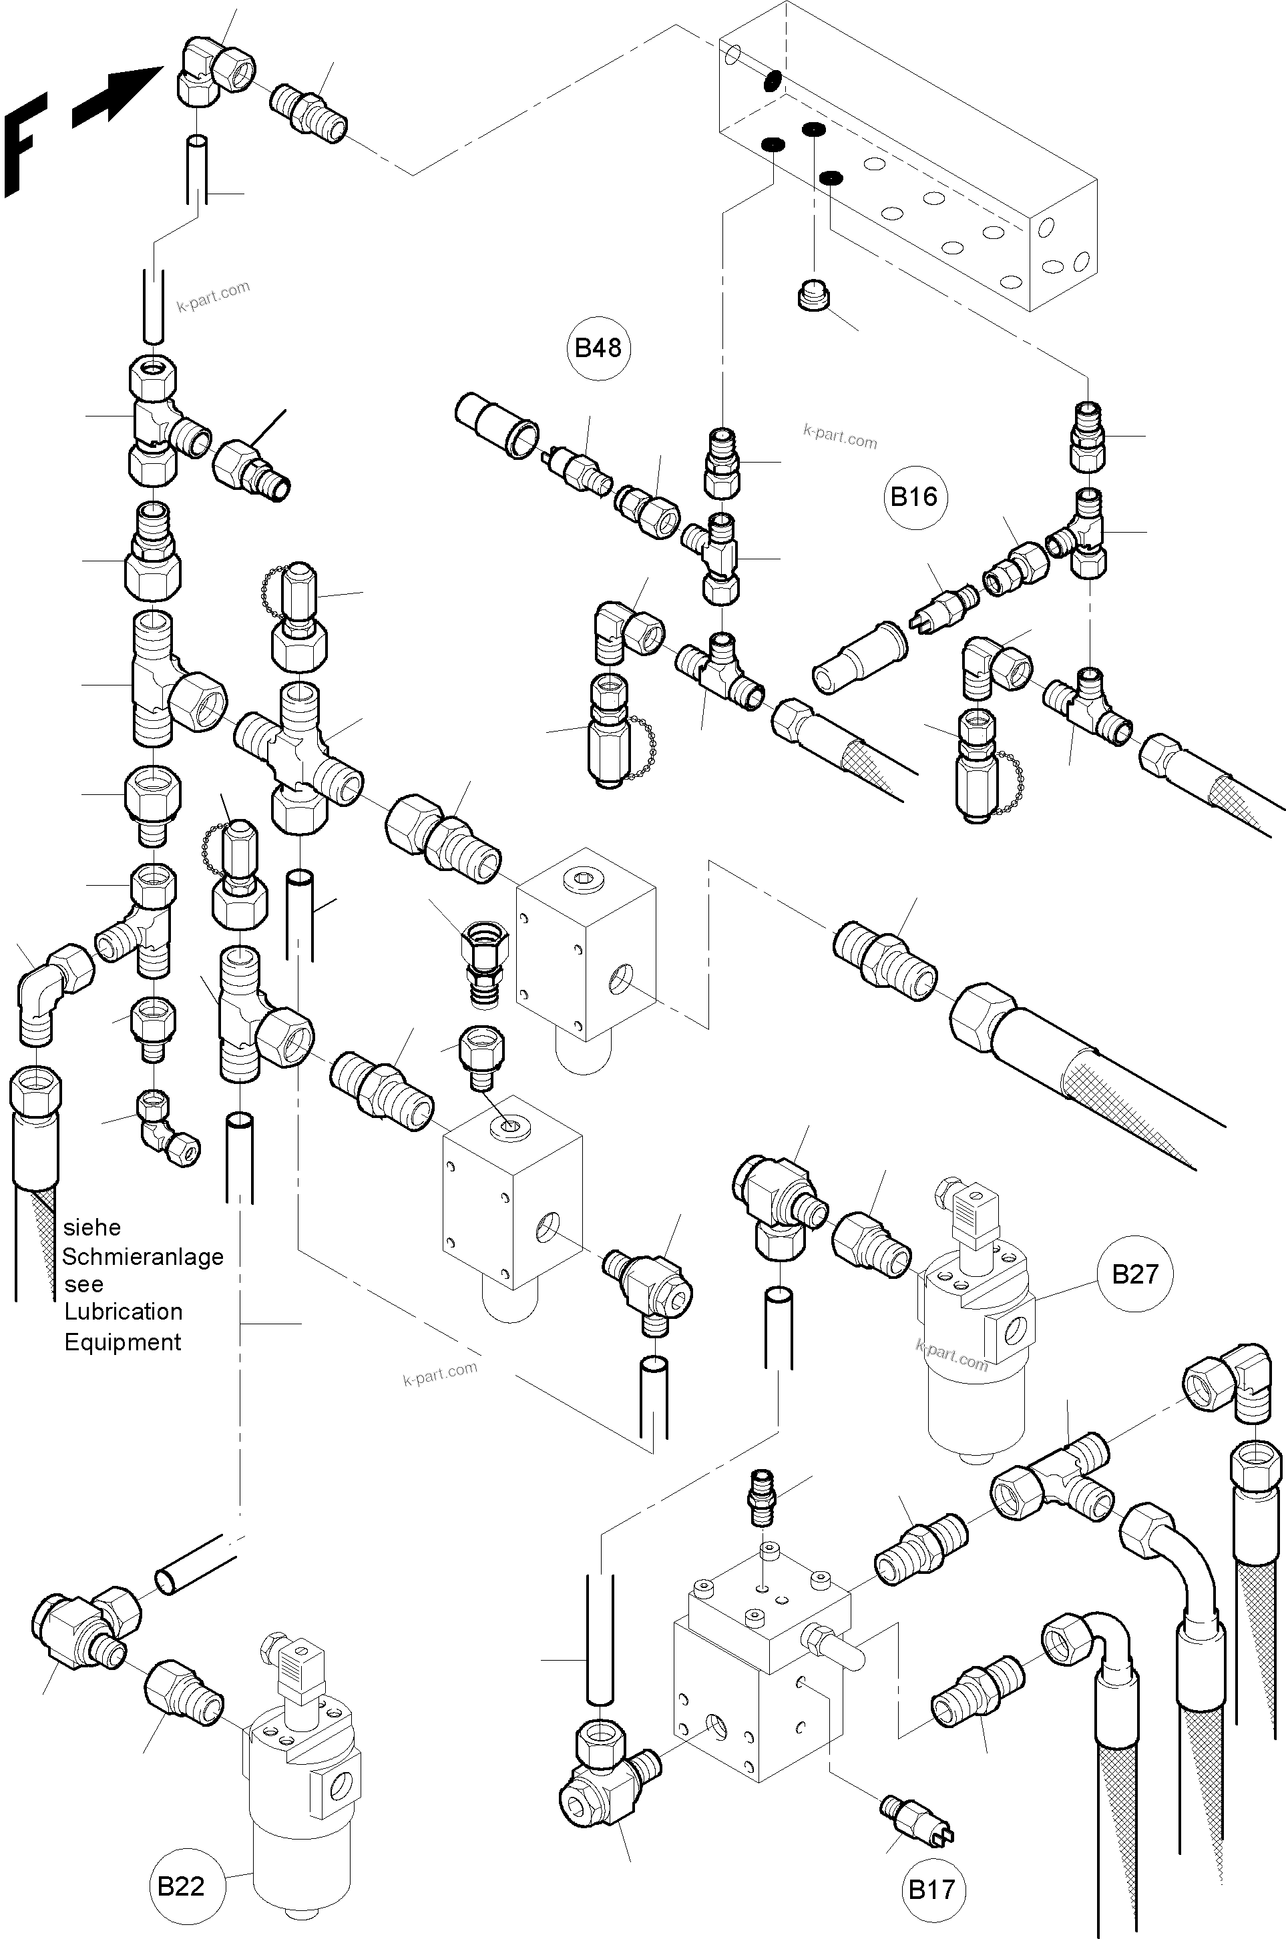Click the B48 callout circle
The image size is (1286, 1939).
pyautogui.click(x=598, y=348)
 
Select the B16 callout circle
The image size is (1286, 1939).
pyautogui.click(x=915, y=496)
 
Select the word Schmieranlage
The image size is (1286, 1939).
pyautogui.click(x=143, y=1256)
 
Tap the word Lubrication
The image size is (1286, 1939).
pyautogui.click(x=123, y=1311)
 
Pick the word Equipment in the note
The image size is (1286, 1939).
pyautogui.click(x=122, y=1342)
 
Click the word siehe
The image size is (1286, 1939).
pyautogui.click(x=92, y=1227)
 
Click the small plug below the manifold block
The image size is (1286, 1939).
pyautogui.click(x=813, y=294)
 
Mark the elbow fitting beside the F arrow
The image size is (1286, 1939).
pyautogui.click(x=215, y=71)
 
